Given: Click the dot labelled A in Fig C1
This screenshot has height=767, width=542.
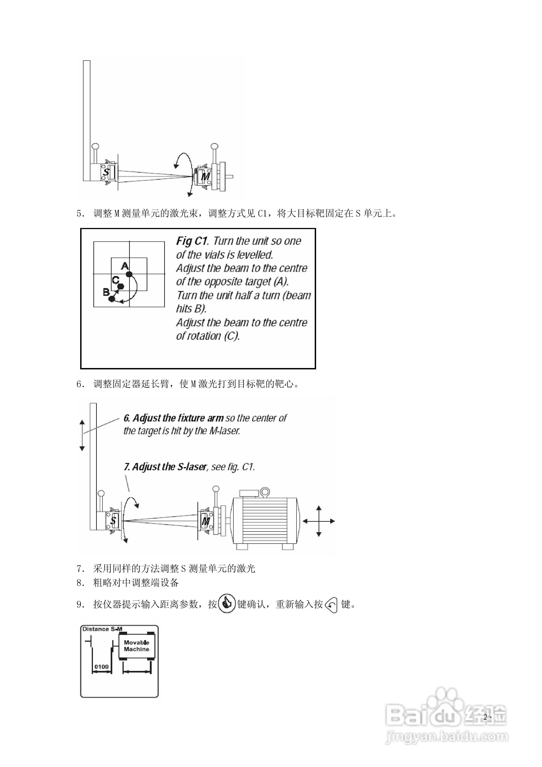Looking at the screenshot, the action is [129, 274].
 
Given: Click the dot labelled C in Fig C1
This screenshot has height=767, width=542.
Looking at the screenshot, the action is [121, 286].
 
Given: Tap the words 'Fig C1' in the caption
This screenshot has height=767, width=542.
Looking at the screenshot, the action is [192, 241].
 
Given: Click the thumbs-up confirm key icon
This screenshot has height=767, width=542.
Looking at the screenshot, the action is [227, 604].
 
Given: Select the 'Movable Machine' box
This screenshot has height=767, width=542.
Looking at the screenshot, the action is [137, 646].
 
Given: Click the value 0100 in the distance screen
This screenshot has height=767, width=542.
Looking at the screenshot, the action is [101, 666].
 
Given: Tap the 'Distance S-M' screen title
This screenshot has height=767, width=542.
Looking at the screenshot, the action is [102, 629].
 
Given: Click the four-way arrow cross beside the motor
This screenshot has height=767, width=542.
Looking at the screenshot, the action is [318, 521].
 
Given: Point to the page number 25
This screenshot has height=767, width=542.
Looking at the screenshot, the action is [487, 716].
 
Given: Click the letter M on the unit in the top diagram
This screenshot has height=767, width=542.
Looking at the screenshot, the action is [205, 176].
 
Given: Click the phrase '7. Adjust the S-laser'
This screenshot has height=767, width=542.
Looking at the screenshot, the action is [165, 467].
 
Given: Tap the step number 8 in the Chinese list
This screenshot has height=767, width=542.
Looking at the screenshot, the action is [80, 583].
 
